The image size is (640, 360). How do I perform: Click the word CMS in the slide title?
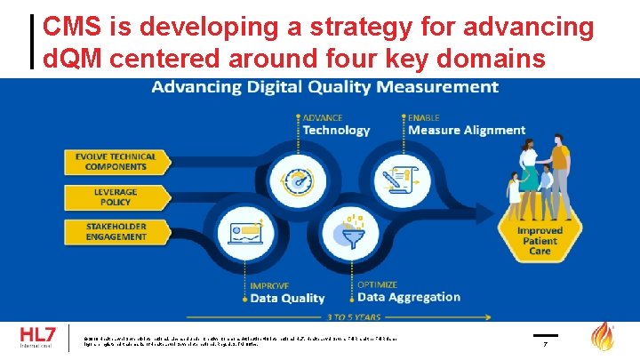click(x=72, y=27)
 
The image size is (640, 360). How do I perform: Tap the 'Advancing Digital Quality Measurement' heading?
click(x=324, y=87)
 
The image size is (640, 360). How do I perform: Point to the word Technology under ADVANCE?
click(x=336, y=131)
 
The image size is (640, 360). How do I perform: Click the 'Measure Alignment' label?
click(x=466, y=131)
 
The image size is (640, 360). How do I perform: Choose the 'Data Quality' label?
click(x=287, y=299)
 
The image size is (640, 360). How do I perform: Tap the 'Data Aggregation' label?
click(x=408, y=298)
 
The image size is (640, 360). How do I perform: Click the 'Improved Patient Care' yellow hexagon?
click(x=540, y=241)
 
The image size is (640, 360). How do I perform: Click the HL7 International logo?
click(x=38, y=339)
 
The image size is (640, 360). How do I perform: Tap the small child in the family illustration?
click(x=515, y=191)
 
